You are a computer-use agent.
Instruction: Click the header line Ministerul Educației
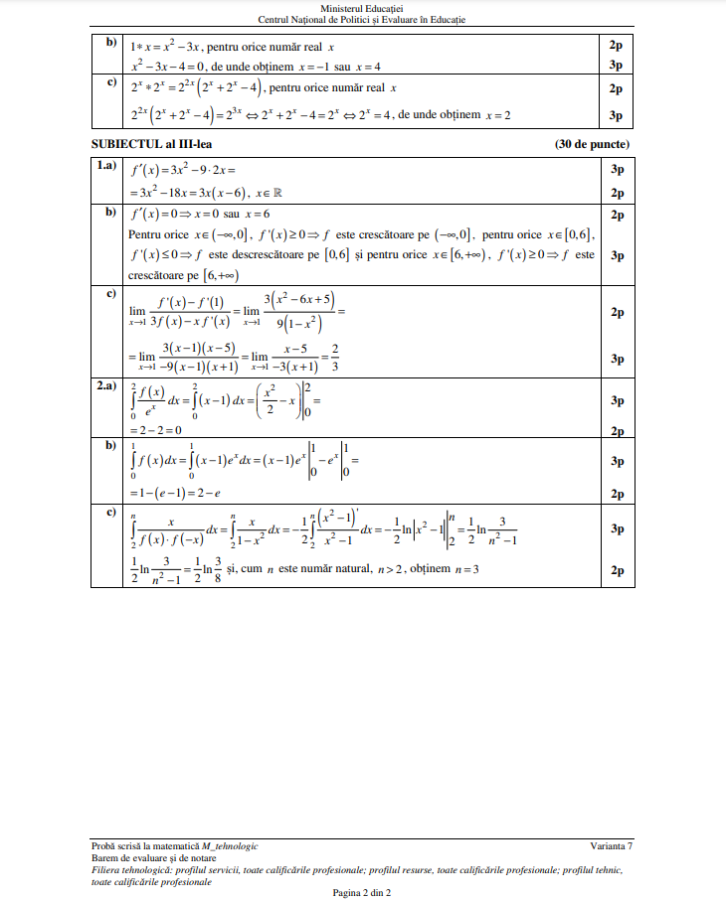pyautogui.click(x=362, y=8)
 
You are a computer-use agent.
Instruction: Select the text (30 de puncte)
pyautogui.click(x=592, y=145)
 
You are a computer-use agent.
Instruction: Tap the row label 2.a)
pyautogui.click(x=106, y=387)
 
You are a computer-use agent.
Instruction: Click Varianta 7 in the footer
pyautogui.click(x=611, y=845)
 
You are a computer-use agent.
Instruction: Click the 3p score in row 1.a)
pyautogui.click(x=617, y=169)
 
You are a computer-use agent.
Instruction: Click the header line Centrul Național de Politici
pyautogui.click(x=362, y=20)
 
